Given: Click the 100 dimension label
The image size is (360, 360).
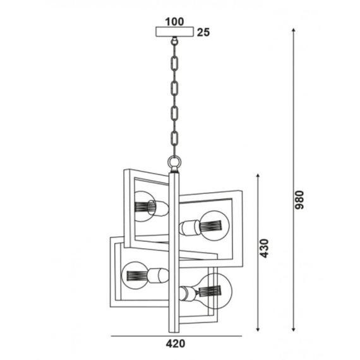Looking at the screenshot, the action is pos(174,22).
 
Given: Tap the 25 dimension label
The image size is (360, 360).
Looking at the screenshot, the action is pos(203,32).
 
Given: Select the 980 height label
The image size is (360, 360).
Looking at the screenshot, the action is pos(299,200).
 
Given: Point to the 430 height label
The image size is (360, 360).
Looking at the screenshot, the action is pos(264,248).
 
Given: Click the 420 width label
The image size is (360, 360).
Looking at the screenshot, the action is pos(175,344).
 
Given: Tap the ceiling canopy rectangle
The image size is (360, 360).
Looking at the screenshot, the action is pos(175,32).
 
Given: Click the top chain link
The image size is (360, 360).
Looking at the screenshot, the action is pos(175,63).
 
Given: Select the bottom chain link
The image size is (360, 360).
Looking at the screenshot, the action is pos(175,140).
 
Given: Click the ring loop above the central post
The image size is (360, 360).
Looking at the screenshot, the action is pos(175,162).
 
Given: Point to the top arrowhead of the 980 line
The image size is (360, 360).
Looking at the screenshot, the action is pos(293,30).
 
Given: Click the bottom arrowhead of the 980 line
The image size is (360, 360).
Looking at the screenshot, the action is pos(293,330).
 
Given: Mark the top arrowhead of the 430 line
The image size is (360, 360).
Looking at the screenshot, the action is pos(258,176).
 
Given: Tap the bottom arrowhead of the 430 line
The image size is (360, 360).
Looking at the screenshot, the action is pos(258,329).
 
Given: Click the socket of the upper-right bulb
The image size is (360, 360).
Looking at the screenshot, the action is pos(189,227).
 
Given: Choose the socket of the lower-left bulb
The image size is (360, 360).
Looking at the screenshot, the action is pos(158,275).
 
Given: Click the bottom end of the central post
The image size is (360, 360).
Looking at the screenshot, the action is pos(174,332).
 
